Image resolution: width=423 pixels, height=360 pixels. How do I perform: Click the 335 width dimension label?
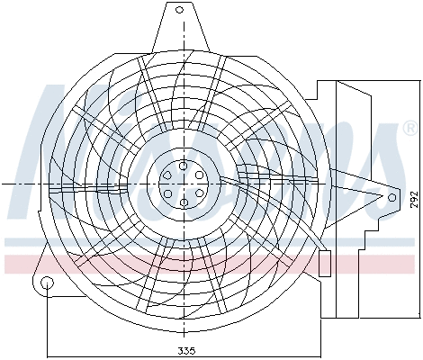(185, 350)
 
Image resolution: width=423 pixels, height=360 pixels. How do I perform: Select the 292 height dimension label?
(412, 199)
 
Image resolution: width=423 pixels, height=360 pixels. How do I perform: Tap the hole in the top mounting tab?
(179, 10)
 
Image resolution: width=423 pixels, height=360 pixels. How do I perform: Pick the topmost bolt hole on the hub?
(184, 166)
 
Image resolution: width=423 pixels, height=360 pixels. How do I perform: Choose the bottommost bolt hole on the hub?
(184, 202)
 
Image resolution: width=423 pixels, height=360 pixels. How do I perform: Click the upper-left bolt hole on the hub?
(167, 175)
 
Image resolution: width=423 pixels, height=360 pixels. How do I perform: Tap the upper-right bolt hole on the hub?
(200, 175)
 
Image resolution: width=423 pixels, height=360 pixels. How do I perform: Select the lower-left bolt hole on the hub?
(167, 193)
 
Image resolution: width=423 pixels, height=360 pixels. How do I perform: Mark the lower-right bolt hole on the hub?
(200, 193)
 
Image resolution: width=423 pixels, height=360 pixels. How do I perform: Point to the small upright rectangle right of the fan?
(325, 262)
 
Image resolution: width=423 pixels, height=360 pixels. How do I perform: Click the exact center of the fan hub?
(184, 184)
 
